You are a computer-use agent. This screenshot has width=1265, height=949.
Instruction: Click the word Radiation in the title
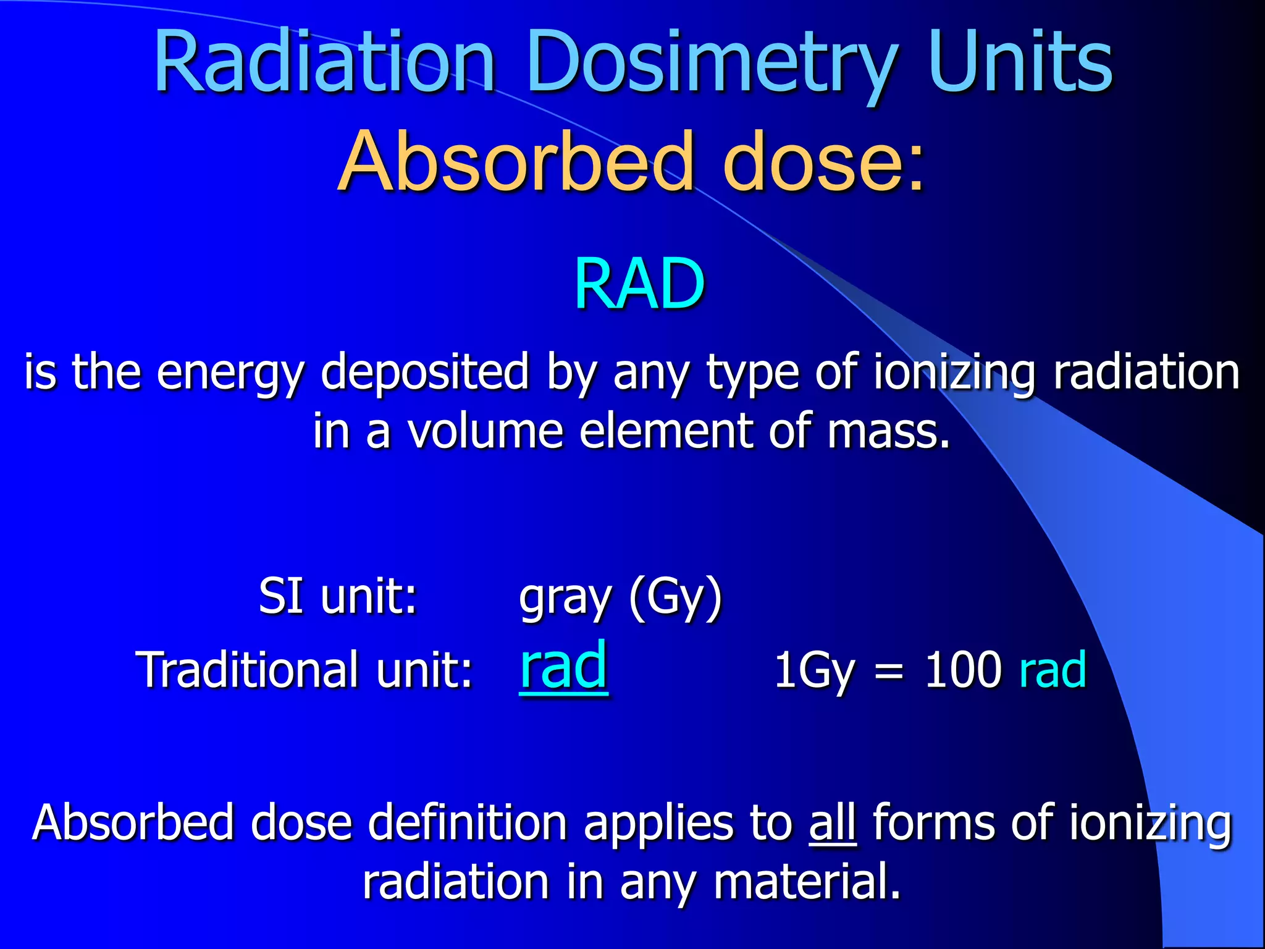tap(324, 62)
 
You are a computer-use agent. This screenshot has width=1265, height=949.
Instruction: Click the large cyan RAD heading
tap(639, 284)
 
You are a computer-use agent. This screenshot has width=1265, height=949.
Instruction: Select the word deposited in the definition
tap(425, 372)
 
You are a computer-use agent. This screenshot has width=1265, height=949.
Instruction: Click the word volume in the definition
tap(485, 431)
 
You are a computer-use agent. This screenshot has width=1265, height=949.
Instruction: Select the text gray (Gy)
tap(620, 597)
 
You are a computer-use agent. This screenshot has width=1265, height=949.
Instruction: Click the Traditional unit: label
tap(304, 669)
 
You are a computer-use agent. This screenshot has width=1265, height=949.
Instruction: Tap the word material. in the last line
tap(807, 881)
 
